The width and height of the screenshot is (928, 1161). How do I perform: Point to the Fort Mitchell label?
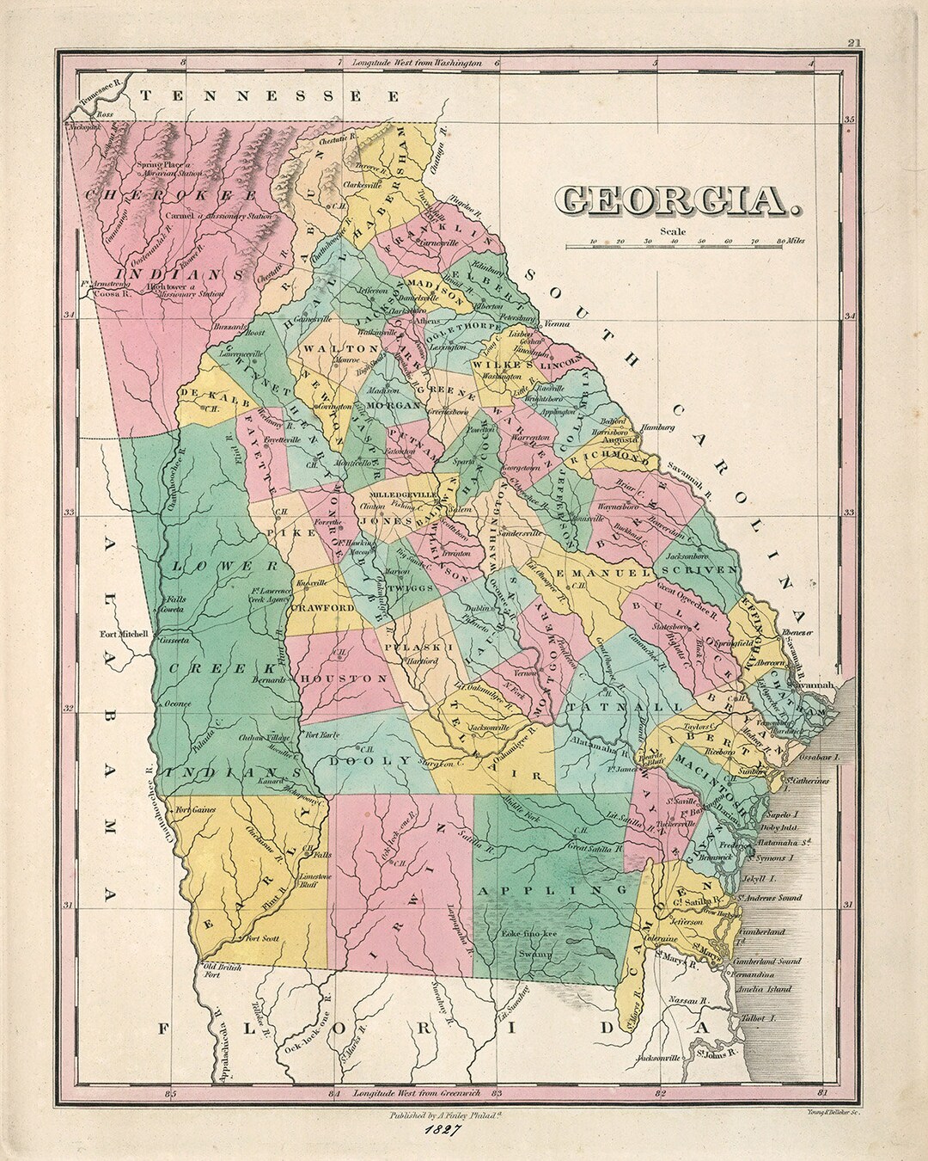(x=124, y=635)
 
